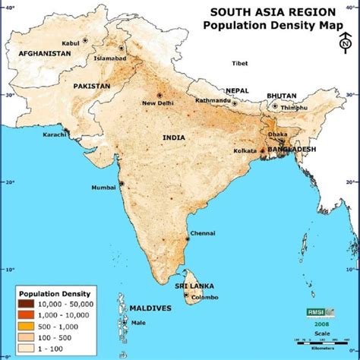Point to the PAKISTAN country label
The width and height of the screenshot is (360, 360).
92,87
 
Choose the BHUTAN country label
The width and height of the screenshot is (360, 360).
281,96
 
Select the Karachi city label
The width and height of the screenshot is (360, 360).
55,134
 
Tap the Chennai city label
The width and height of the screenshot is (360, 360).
202,233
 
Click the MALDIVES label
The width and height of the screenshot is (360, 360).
150,308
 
